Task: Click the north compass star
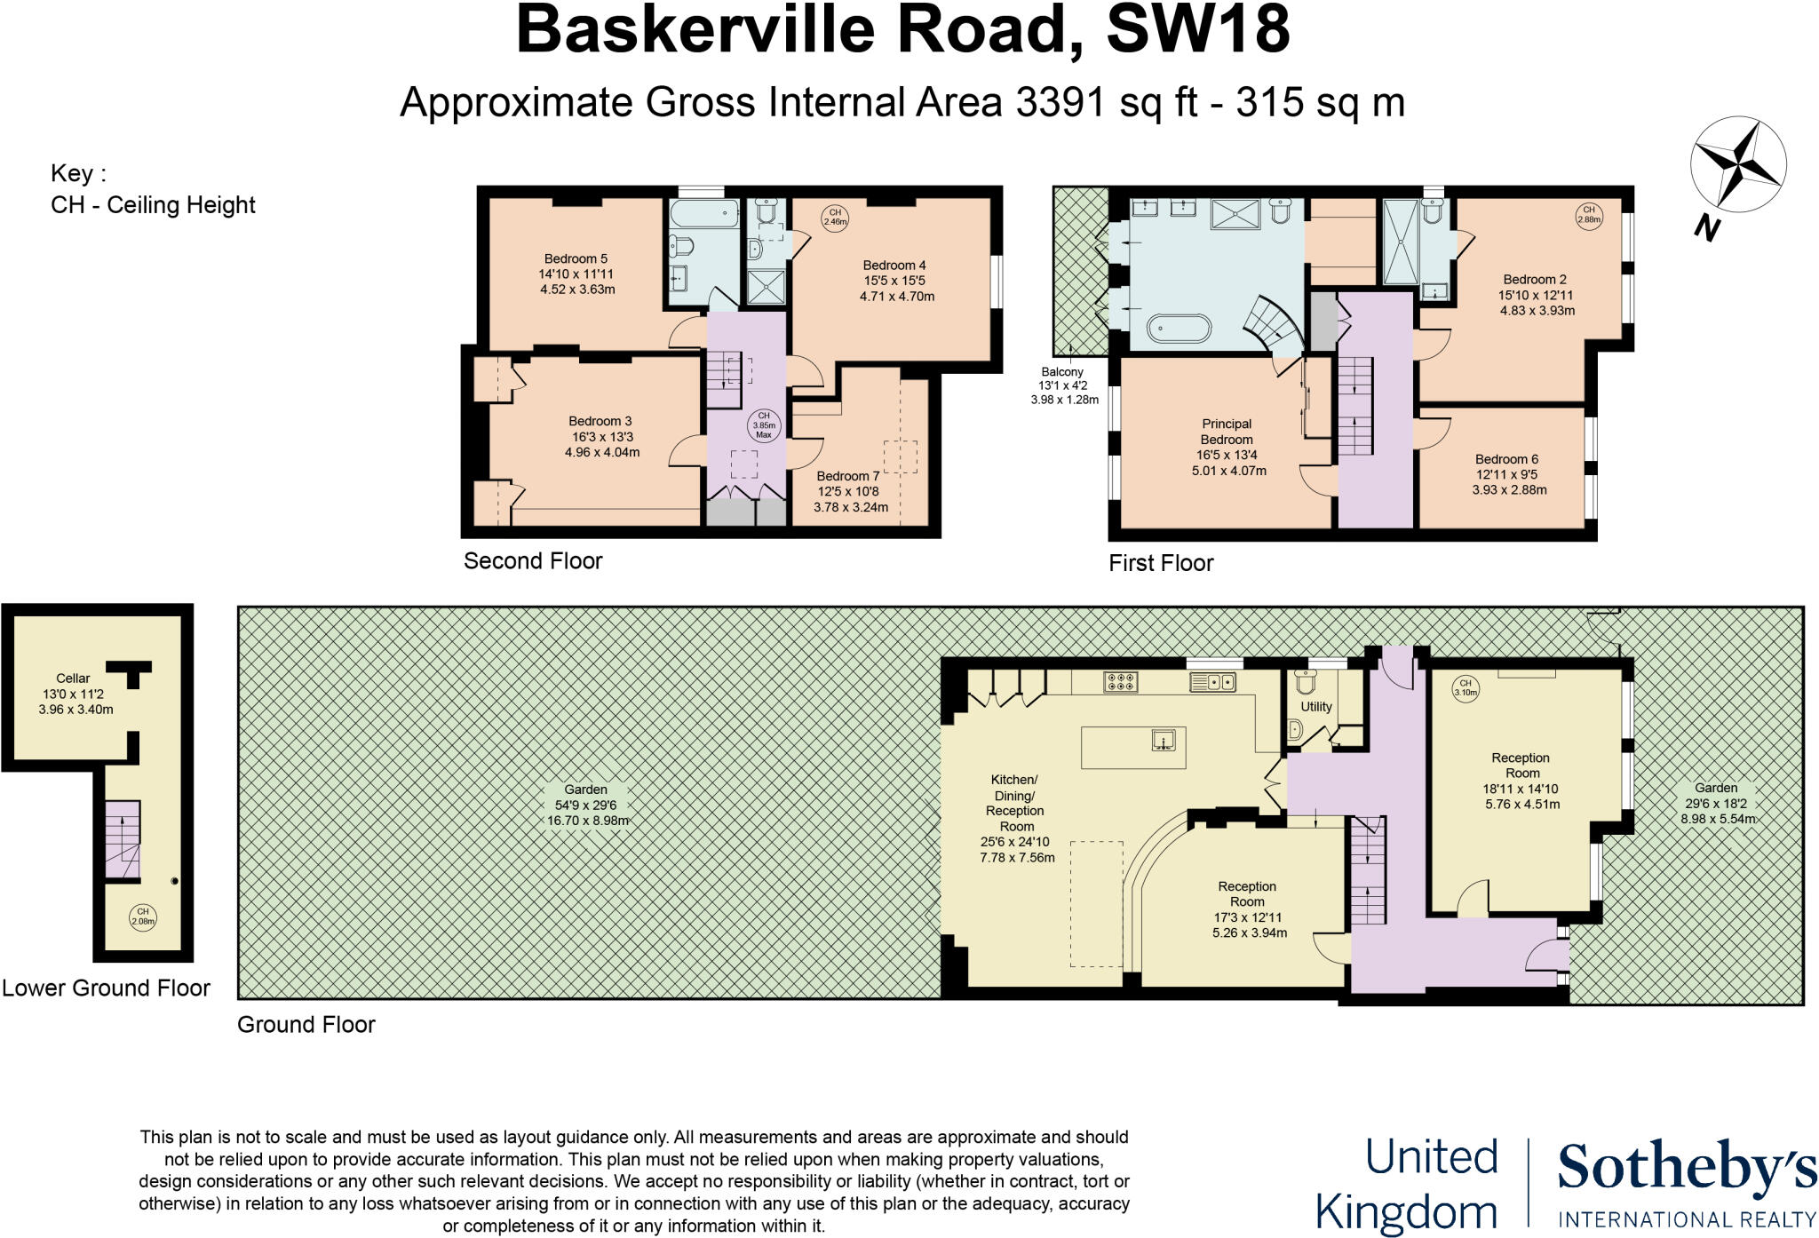click(x=1737, y=166)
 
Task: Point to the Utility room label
click(x=1316, y=707)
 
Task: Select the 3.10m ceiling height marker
click(x=1466, y=688)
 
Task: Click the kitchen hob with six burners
click(x=1121, y=682)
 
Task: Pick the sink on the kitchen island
click(x=1164, y=739)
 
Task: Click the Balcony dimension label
click(x=1064, y=385)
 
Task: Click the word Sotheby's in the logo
click(x=1687, y=1168)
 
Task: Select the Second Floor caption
click(x=533, y=561)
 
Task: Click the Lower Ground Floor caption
click(x=106, y=988)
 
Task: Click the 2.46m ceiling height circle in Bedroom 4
click(x=835, y=218)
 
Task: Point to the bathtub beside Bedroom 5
click(x=703, y=213)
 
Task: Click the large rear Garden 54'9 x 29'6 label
click(x=587, y=805)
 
